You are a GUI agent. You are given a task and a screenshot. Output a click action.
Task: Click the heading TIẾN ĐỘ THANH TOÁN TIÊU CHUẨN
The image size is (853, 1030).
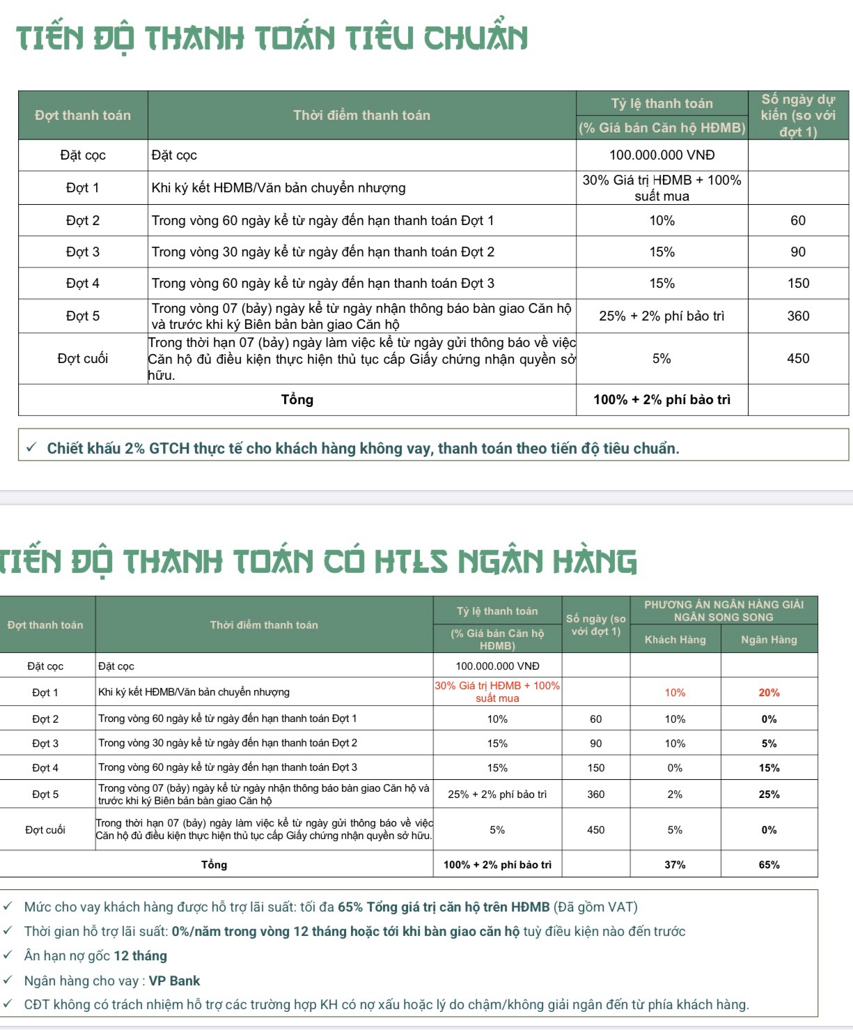pyautogui.click(x=272, y=38)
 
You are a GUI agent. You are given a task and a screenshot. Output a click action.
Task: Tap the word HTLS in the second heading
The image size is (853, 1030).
pyautogui.click(x=411, y=562)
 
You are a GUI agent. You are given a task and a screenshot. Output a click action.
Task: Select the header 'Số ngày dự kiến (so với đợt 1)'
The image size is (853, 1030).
pyautogui.click(x=798, y=115)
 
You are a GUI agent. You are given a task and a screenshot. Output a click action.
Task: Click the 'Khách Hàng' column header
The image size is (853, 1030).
pyautogui.click(x=675, y=640)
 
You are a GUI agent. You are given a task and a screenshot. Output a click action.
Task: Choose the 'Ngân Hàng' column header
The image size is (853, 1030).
pyautogui.click(x=769, y=640)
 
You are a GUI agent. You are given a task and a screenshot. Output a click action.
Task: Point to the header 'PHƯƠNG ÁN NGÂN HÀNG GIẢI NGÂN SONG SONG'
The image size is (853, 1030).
pyautogui.click(x=723, y=610)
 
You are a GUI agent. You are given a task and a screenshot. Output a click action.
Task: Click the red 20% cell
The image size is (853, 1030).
pyautogui.click(x=769, y=693)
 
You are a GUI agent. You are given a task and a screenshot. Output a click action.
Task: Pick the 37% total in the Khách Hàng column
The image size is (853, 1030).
pyautogui.click(x=675, y=865)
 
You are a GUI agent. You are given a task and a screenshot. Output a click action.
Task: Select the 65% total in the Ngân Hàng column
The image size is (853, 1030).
pyautogui.click(x=769, y=865)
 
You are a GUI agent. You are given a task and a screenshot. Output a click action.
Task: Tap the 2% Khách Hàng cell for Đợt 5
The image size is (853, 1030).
pyautogui.click(x=675, y=794)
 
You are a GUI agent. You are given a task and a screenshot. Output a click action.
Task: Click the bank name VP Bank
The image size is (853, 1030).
pyautogui.click(x=174, y=981)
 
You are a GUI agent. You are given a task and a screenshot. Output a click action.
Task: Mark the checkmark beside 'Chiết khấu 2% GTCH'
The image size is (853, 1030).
pyautogui.click(x=31, y=447)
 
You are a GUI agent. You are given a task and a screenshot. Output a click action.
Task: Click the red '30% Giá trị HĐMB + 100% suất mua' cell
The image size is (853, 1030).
pyautogui.click(x=497, y=692)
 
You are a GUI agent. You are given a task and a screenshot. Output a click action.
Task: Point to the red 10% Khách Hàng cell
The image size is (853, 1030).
pyautogui.click(x=675, y=693)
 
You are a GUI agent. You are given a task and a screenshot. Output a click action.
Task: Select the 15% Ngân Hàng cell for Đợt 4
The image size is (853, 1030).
pyautogui.click(x=769, y=768)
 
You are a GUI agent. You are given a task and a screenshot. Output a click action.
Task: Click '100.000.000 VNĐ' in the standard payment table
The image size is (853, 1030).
pyautogui.click(x=662, y=155)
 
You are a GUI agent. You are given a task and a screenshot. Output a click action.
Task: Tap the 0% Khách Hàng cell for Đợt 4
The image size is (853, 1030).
pyautogui.click(x=675, y=768)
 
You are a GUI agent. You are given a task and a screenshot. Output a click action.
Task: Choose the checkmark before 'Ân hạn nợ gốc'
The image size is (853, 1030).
pyautogui.click(x=8, y=955)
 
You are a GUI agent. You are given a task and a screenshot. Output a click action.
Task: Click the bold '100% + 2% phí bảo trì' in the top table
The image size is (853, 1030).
pyautogui.click(x=662, y=400)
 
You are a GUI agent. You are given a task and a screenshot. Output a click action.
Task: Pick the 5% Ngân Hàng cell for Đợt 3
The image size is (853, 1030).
pyautogui.click(x=769, y=744)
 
